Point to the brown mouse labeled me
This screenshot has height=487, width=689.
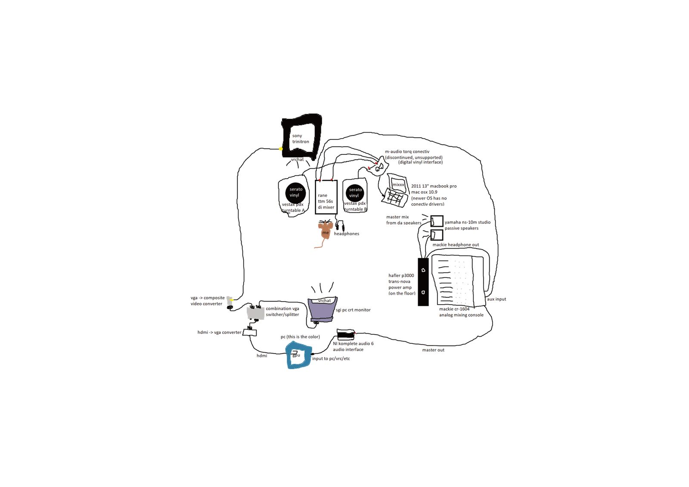pyautogui.click(x=325, y=230)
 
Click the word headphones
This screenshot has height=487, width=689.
pyautogui.click(x=346, y=234)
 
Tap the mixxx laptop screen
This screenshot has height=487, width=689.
pyautogui.click(x=398, y=184)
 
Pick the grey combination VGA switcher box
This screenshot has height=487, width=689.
pyautogui.click(x=255, y=313)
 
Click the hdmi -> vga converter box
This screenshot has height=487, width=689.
pyautogui.click(x=250, y=333)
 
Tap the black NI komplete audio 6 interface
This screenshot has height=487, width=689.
pyautogui.click(x=345, y=335)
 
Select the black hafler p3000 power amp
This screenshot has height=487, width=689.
pyautogui.click(x=423, y=282)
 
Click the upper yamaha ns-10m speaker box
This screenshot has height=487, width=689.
pyautogui.click(x=437, y=221)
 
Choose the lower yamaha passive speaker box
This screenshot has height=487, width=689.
pyautogui.click(x=437, y=235)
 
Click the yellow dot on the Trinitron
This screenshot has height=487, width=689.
pyautogui.click(x=281, y=149)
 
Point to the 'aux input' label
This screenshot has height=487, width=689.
pyautogui.click(x=496, y=299)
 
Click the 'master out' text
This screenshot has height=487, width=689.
pyautogui.click(x=433, y=350)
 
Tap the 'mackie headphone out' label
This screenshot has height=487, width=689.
pyautogui.click(x=456, y=245)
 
